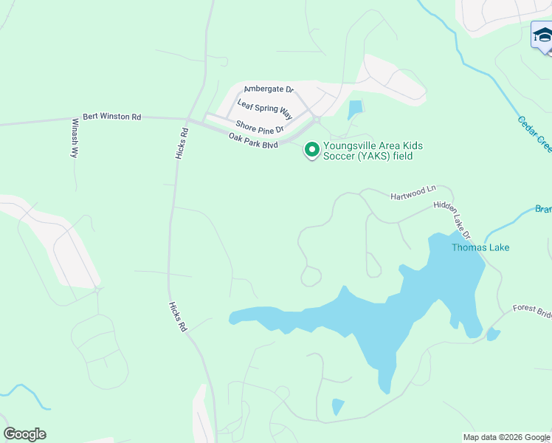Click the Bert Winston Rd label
(x=112, y=117)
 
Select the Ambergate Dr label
(x=269, y=89)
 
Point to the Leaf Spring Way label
(x=265, y=112)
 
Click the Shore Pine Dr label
(x=260, y=128)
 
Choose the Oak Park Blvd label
(x=253, y=140)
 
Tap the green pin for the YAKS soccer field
(x=311, y=150)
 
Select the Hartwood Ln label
(x=414, y=193)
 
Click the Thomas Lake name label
(x=480, y=248)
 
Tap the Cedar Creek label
(x=534, y=133)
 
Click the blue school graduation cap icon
(x=542, y=36)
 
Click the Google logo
(x=24, y=434)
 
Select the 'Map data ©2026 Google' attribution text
(x=507, y=437)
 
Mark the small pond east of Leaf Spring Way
(x=356, y=109)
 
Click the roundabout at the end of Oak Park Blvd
(x=316, y=121)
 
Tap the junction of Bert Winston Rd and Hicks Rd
(x=187, y=120)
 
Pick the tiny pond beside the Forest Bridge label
(x=493, y=334)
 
